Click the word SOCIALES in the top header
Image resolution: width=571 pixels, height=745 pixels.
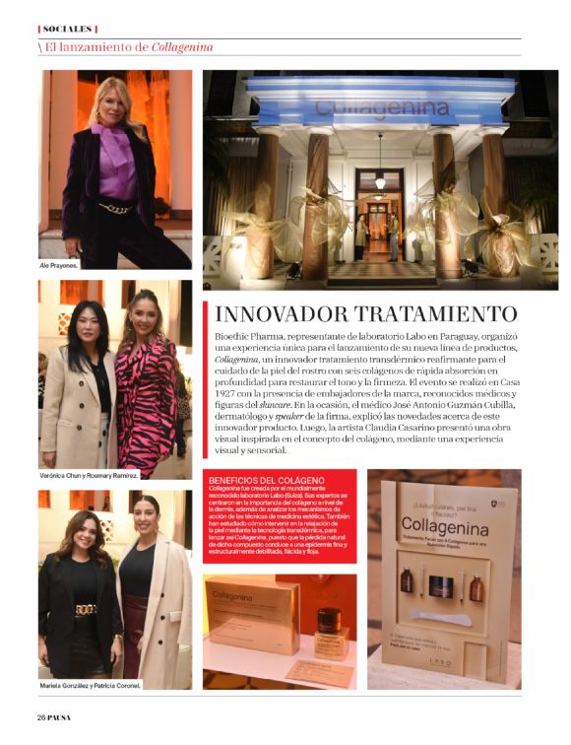(68, 29)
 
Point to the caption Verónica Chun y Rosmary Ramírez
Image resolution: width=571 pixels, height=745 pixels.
(90, 475)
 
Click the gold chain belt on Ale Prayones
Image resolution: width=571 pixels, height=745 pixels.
(117, 208)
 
